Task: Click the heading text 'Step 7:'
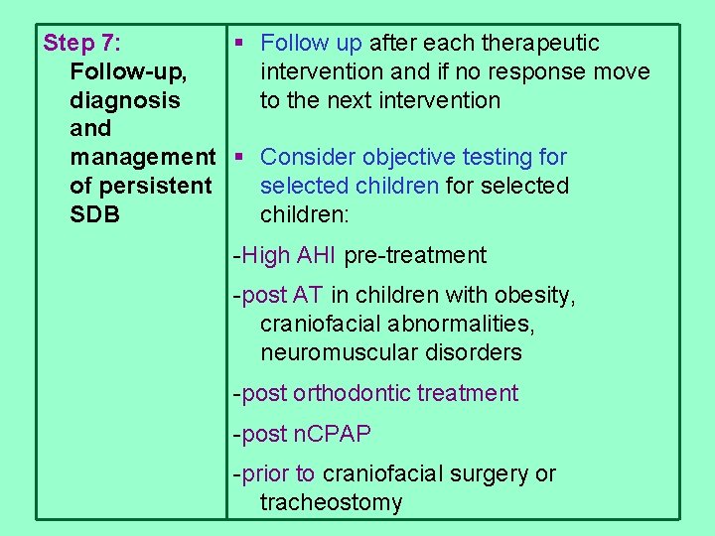pyautogui.click(x=82, y=44)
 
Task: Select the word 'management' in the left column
pyautogui.click(x=142, y=158)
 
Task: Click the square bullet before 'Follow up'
pyautogui.click(x=238, y=43)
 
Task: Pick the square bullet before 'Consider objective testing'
pyautogui.click(x=238, y=157)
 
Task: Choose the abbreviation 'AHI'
pyautogui.click(x=317, y=256)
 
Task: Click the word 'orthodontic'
pyautogui.click(x=353, y=394)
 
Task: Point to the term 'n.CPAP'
pyautogui.click(x=332, y=435)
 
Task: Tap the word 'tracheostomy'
pyautogui.click(x=331, y=503)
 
